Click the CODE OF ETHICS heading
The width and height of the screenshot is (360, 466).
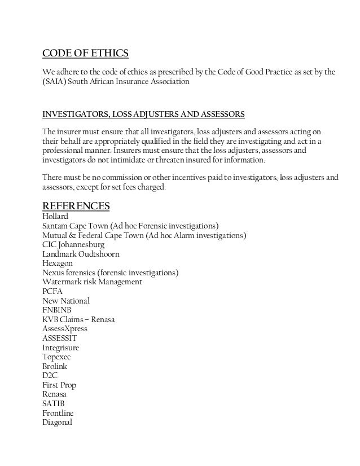pos(86,54)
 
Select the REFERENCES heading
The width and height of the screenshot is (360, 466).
pos(76,205)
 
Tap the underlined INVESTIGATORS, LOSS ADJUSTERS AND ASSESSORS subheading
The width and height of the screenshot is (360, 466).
pos(144,114)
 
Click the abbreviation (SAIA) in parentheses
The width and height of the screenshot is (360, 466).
pos(55,82)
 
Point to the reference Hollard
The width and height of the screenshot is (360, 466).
pos(56,216)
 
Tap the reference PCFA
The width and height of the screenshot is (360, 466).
pos(54,292)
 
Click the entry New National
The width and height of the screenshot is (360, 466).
pos(66,301)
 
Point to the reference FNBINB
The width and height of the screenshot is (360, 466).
pos(57,310)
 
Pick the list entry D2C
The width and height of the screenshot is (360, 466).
pos(50,376)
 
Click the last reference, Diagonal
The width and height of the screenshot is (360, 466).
pos(58,423)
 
